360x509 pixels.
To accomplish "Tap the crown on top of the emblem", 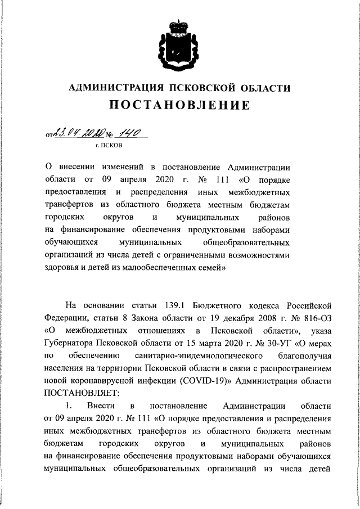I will [179, 25].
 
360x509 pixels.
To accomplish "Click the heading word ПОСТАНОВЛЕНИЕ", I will [179, 105].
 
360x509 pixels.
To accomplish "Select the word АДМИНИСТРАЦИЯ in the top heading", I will [112, 87].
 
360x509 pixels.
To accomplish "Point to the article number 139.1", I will [170, 305].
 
